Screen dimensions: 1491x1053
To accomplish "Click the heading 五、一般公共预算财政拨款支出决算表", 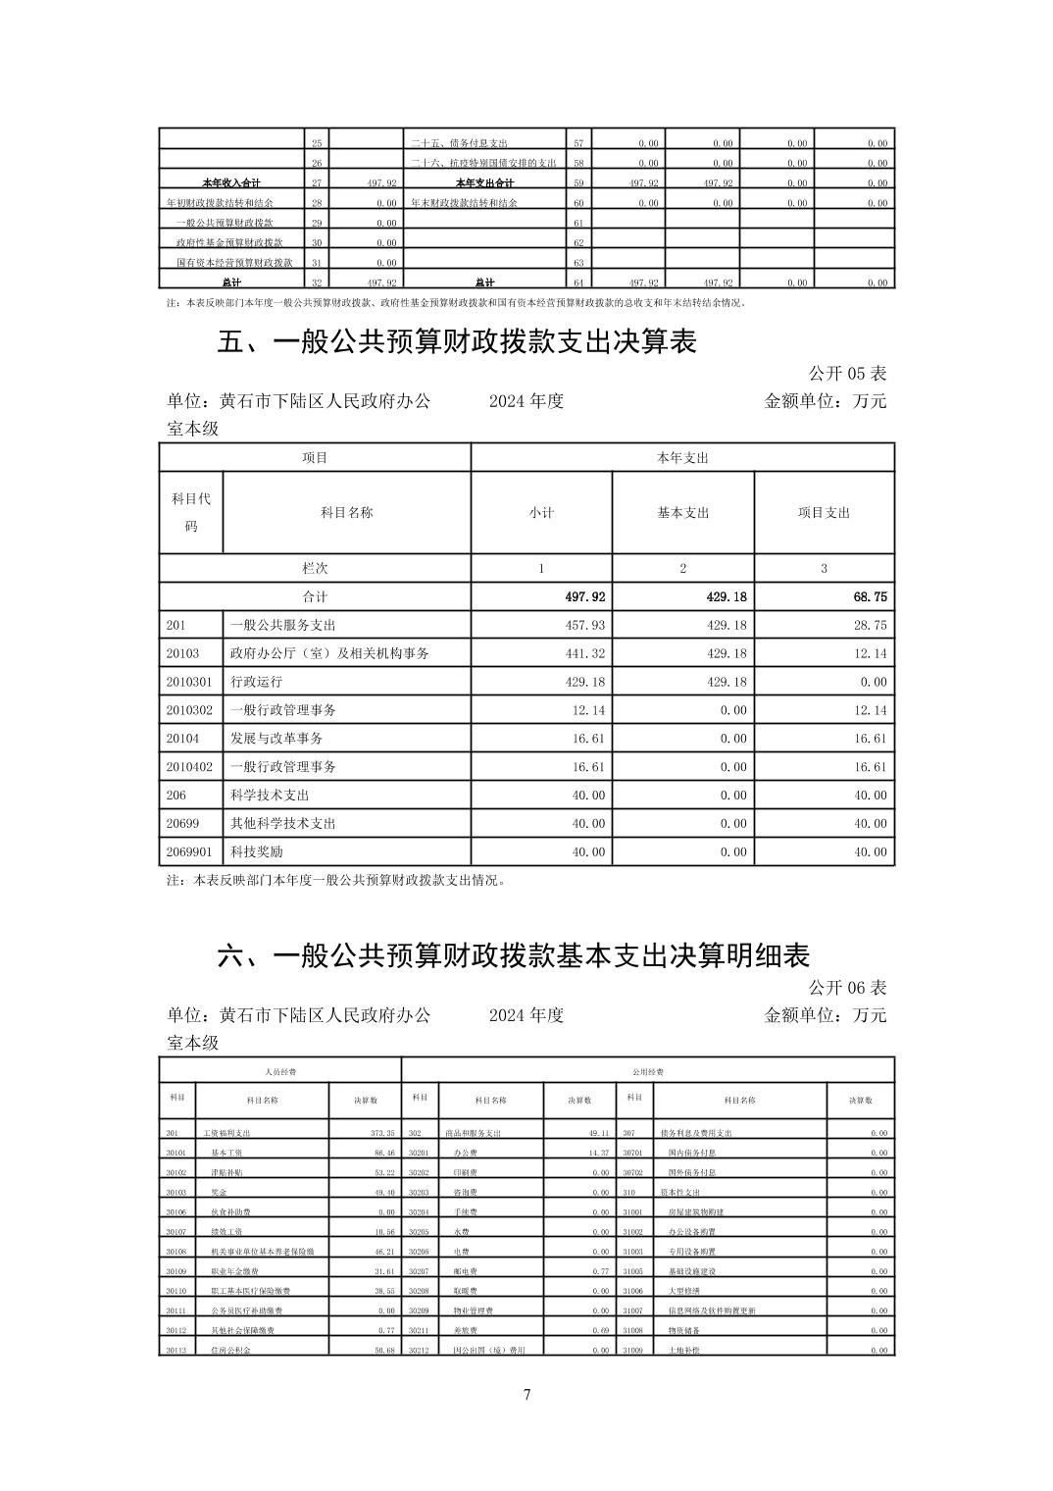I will (x=457, y=342).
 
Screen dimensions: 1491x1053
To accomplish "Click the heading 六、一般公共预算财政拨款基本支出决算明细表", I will (x=513, y=956).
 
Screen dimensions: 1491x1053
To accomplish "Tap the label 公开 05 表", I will (x=847, y=374).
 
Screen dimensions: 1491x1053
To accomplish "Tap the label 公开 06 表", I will (x=847, y=987).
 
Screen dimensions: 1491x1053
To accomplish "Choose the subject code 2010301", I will (x=189, y=682).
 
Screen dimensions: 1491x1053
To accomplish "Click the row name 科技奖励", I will (x=257, y=852).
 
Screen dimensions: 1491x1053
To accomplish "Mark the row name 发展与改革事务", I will (x=276, y=739).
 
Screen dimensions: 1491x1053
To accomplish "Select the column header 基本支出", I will (x=683, y=513).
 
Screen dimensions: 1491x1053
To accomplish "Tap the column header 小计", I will (x=541, y=513).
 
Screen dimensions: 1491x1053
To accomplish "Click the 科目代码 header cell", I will (x=191, y=512).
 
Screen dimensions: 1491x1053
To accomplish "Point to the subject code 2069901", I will (x=189, y=852).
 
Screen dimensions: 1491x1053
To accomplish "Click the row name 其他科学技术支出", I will (x=283, y=824).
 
